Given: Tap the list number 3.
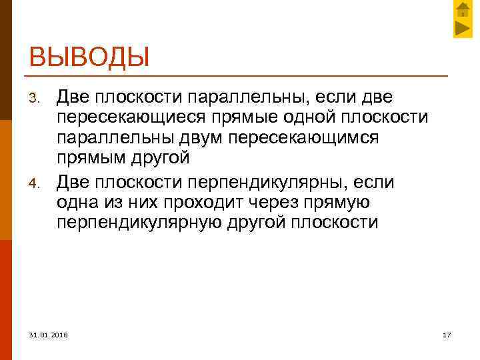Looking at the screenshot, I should click(x=38, y=100).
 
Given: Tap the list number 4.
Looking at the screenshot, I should click(x=38, y=183).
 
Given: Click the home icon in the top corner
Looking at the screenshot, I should click(x=463, y=10).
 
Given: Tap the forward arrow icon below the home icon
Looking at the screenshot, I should click(x=463, y=28).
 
